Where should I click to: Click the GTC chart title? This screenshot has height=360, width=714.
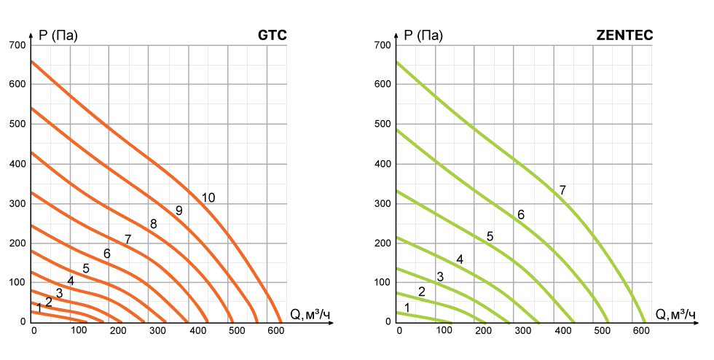272,34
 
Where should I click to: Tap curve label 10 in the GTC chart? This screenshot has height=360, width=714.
208,197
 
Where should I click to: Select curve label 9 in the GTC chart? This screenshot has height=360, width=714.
178,211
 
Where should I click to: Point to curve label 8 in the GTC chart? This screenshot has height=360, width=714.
153,224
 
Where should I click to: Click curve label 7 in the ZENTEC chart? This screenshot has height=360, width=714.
562,190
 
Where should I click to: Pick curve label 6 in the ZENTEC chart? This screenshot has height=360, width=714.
520,214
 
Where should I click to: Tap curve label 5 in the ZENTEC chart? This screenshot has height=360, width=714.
490,236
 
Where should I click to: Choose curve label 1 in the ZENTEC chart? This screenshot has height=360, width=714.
407,308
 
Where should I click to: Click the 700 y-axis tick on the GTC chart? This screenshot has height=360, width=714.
18,45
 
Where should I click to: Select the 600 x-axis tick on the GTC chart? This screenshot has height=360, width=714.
275,332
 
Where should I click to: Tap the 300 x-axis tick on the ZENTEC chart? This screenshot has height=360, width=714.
521,332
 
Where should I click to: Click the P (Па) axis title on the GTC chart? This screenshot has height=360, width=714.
59,34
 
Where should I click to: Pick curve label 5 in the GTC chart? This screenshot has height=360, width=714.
86,268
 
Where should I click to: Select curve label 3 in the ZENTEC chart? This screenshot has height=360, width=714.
439,276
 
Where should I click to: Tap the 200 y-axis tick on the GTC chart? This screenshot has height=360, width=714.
18,243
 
